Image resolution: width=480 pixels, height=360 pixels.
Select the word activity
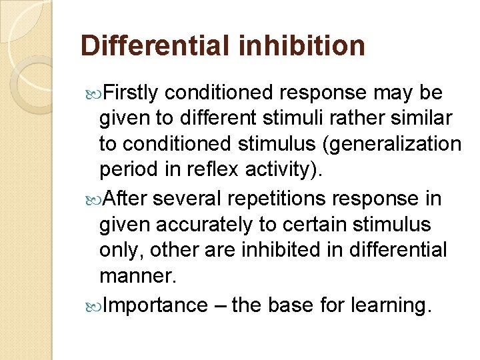pos(279,169)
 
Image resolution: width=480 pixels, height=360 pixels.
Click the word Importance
pos(156,305)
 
